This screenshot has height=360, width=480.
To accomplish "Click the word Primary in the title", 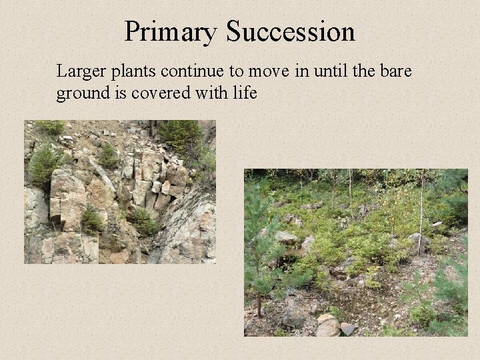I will pos(171,31).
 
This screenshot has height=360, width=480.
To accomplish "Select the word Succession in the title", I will pos(291,31).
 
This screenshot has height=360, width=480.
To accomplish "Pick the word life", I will pos(244,93).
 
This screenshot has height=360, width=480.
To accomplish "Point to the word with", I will pos(206,93).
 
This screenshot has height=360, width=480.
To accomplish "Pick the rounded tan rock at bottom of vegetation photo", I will pos(327,325).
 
